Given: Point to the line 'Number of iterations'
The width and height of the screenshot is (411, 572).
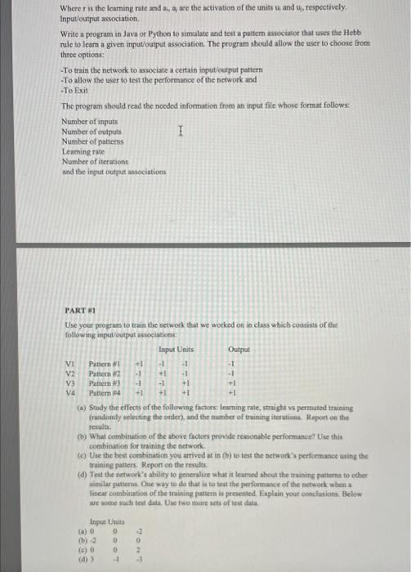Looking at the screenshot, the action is tap(96, 162).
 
